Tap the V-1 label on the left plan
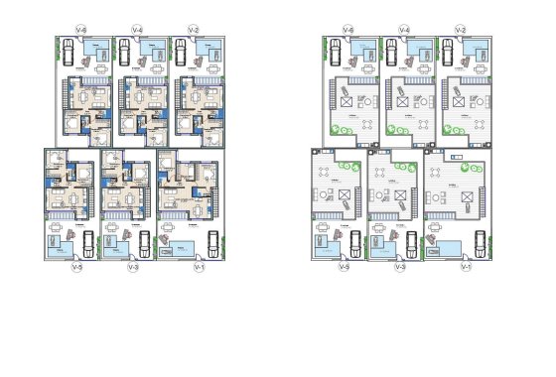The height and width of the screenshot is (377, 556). pos(200,267)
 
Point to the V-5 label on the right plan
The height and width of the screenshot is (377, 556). pos(344,267)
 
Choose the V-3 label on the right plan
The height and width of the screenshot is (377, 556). pos(400,267)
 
